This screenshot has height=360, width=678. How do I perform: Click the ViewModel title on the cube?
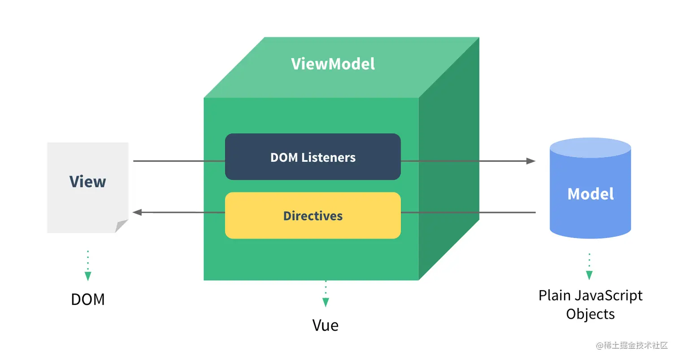[333, 64]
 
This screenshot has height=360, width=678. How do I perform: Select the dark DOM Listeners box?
[313, 157]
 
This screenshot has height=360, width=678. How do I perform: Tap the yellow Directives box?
[313, 216]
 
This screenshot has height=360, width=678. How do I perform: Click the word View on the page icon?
[87, 182]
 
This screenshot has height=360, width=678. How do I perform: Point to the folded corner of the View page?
[122, 226]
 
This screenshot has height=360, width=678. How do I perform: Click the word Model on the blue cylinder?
[590, 194]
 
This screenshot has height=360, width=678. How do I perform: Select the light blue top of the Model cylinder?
[590, 148]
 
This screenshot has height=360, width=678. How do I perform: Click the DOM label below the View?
[87, 299]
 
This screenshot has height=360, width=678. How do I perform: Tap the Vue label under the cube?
[325, 325]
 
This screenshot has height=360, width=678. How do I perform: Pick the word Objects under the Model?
[590, 314]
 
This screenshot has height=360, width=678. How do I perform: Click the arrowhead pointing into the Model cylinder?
[530, 161]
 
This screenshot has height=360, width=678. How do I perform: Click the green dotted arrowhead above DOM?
[88, 276]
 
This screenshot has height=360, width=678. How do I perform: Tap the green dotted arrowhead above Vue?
[326, 303]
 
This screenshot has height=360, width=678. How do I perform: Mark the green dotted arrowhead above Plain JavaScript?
[589, 275]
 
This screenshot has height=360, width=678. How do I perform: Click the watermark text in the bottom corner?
[631, 345]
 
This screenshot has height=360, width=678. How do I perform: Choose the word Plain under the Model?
[554, 296]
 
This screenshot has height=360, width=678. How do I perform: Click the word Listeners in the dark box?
[328, 157]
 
